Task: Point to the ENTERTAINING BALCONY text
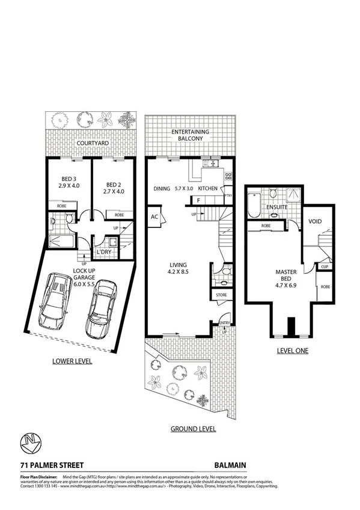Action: [190, 135]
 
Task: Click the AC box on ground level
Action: [154, 217]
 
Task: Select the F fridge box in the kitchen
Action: [197, 200]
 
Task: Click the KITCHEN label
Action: [208, 189]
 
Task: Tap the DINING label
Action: [162, 189]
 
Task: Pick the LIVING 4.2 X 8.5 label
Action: [177, 268]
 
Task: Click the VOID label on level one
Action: [315, 221]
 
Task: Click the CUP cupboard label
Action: [324, 266]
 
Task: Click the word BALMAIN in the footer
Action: [230, 465]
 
